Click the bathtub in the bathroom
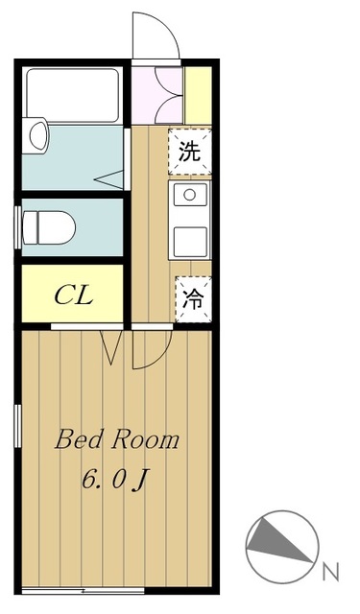click(x=72, y=95)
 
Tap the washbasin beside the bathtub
click(x=38, y=135)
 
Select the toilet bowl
click(x=49, y=228)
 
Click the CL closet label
click(x=74, y=295)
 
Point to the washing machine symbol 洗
click(x=189, y=152)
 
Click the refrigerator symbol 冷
click(x=194, y=299)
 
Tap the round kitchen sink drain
click(x=189, y=195)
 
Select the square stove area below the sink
click(x=190, y=242)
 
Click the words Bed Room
click(x=117, y=440)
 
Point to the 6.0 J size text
click(x=114, y=480)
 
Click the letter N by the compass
click(x=330, y=573)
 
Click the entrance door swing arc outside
click(x=166, y=27)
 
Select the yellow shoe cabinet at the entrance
click(x=198, y=96)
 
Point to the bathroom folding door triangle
click(x=109, y=179)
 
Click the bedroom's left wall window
click(x=17, y=426)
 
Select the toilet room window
click(x=17, y=227)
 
